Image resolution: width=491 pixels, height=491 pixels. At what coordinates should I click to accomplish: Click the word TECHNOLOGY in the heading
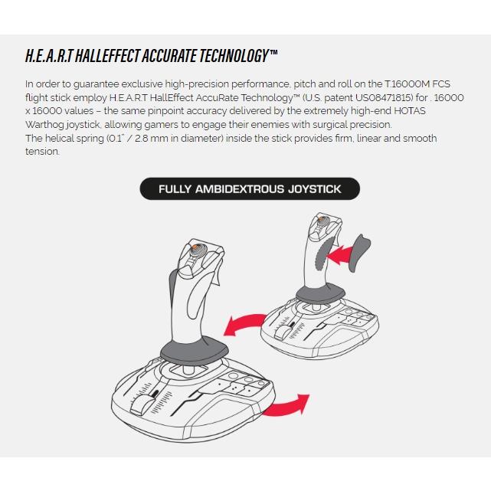[x=234, y=56]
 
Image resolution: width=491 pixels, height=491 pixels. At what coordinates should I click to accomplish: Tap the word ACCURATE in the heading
[x=169, y=56]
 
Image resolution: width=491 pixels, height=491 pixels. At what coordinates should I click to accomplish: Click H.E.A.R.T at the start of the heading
[x=49, y=56]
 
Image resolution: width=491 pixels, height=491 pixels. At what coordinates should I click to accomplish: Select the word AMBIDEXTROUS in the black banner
[x=240, y=189]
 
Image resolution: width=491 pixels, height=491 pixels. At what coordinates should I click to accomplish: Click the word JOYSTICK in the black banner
[x=314, y=189]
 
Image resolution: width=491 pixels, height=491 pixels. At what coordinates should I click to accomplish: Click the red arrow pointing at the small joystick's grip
[x=339, y=254]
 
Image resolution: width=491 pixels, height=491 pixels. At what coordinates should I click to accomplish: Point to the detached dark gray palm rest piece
[x=359, y=252]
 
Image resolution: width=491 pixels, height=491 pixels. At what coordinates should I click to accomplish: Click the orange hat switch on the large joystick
[x=195, y=247]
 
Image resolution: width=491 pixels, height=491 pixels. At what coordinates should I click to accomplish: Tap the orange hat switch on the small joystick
[x=321, y=220]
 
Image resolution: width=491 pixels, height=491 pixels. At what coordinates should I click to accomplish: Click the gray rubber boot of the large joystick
[x=194, y=351]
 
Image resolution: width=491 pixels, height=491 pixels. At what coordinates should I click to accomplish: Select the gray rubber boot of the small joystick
[x=320, y=294]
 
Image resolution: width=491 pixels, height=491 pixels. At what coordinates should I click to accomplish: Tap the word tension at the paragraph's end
[x=42, y=152]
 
